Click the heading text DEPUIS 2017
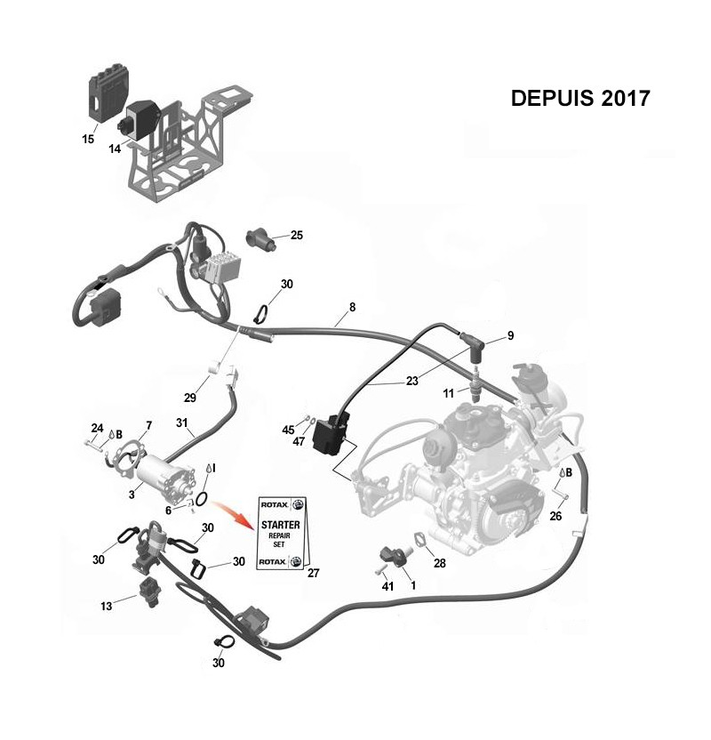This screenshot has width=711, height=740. [580, 97]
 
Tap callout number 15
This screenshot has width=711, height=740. [88, 139]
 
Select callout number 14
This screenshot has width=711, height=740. [115, 149]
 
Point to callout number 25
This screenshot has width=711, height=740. [297, 236]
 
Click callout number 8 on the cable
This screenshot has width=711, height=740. [352, 307]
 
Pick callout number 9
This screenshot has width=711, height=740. [510, 335]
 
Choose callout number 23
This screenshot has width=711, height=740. [411, 381]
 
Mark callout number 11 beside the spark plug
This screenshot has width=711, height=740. [449, 392]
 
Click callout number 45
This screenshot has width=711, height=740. [288, 430]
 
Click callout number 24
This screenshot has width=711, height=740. [96, 428]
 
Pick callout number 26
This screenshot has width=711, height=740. [556, 516]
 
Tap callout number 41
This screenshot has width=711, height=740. [387, 586]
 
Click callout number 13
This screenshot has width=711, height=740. [106, 605]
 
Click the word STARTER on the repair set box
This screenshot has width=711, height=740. [278, 525]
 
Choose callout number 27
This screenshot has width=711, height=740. [313, 574]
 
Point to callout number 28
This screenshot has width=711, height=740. [439, 562]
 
